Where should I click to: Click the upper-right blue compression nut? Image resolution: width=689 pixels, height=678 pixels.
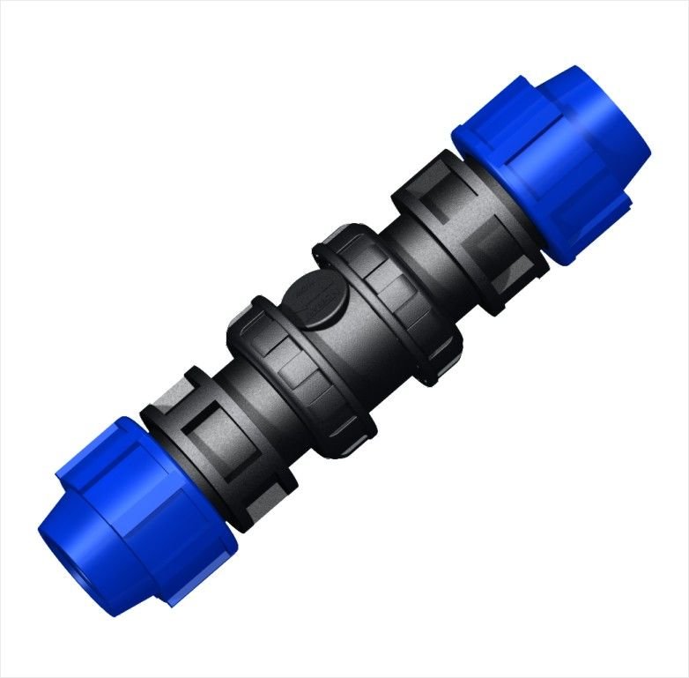click(551, 163)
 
